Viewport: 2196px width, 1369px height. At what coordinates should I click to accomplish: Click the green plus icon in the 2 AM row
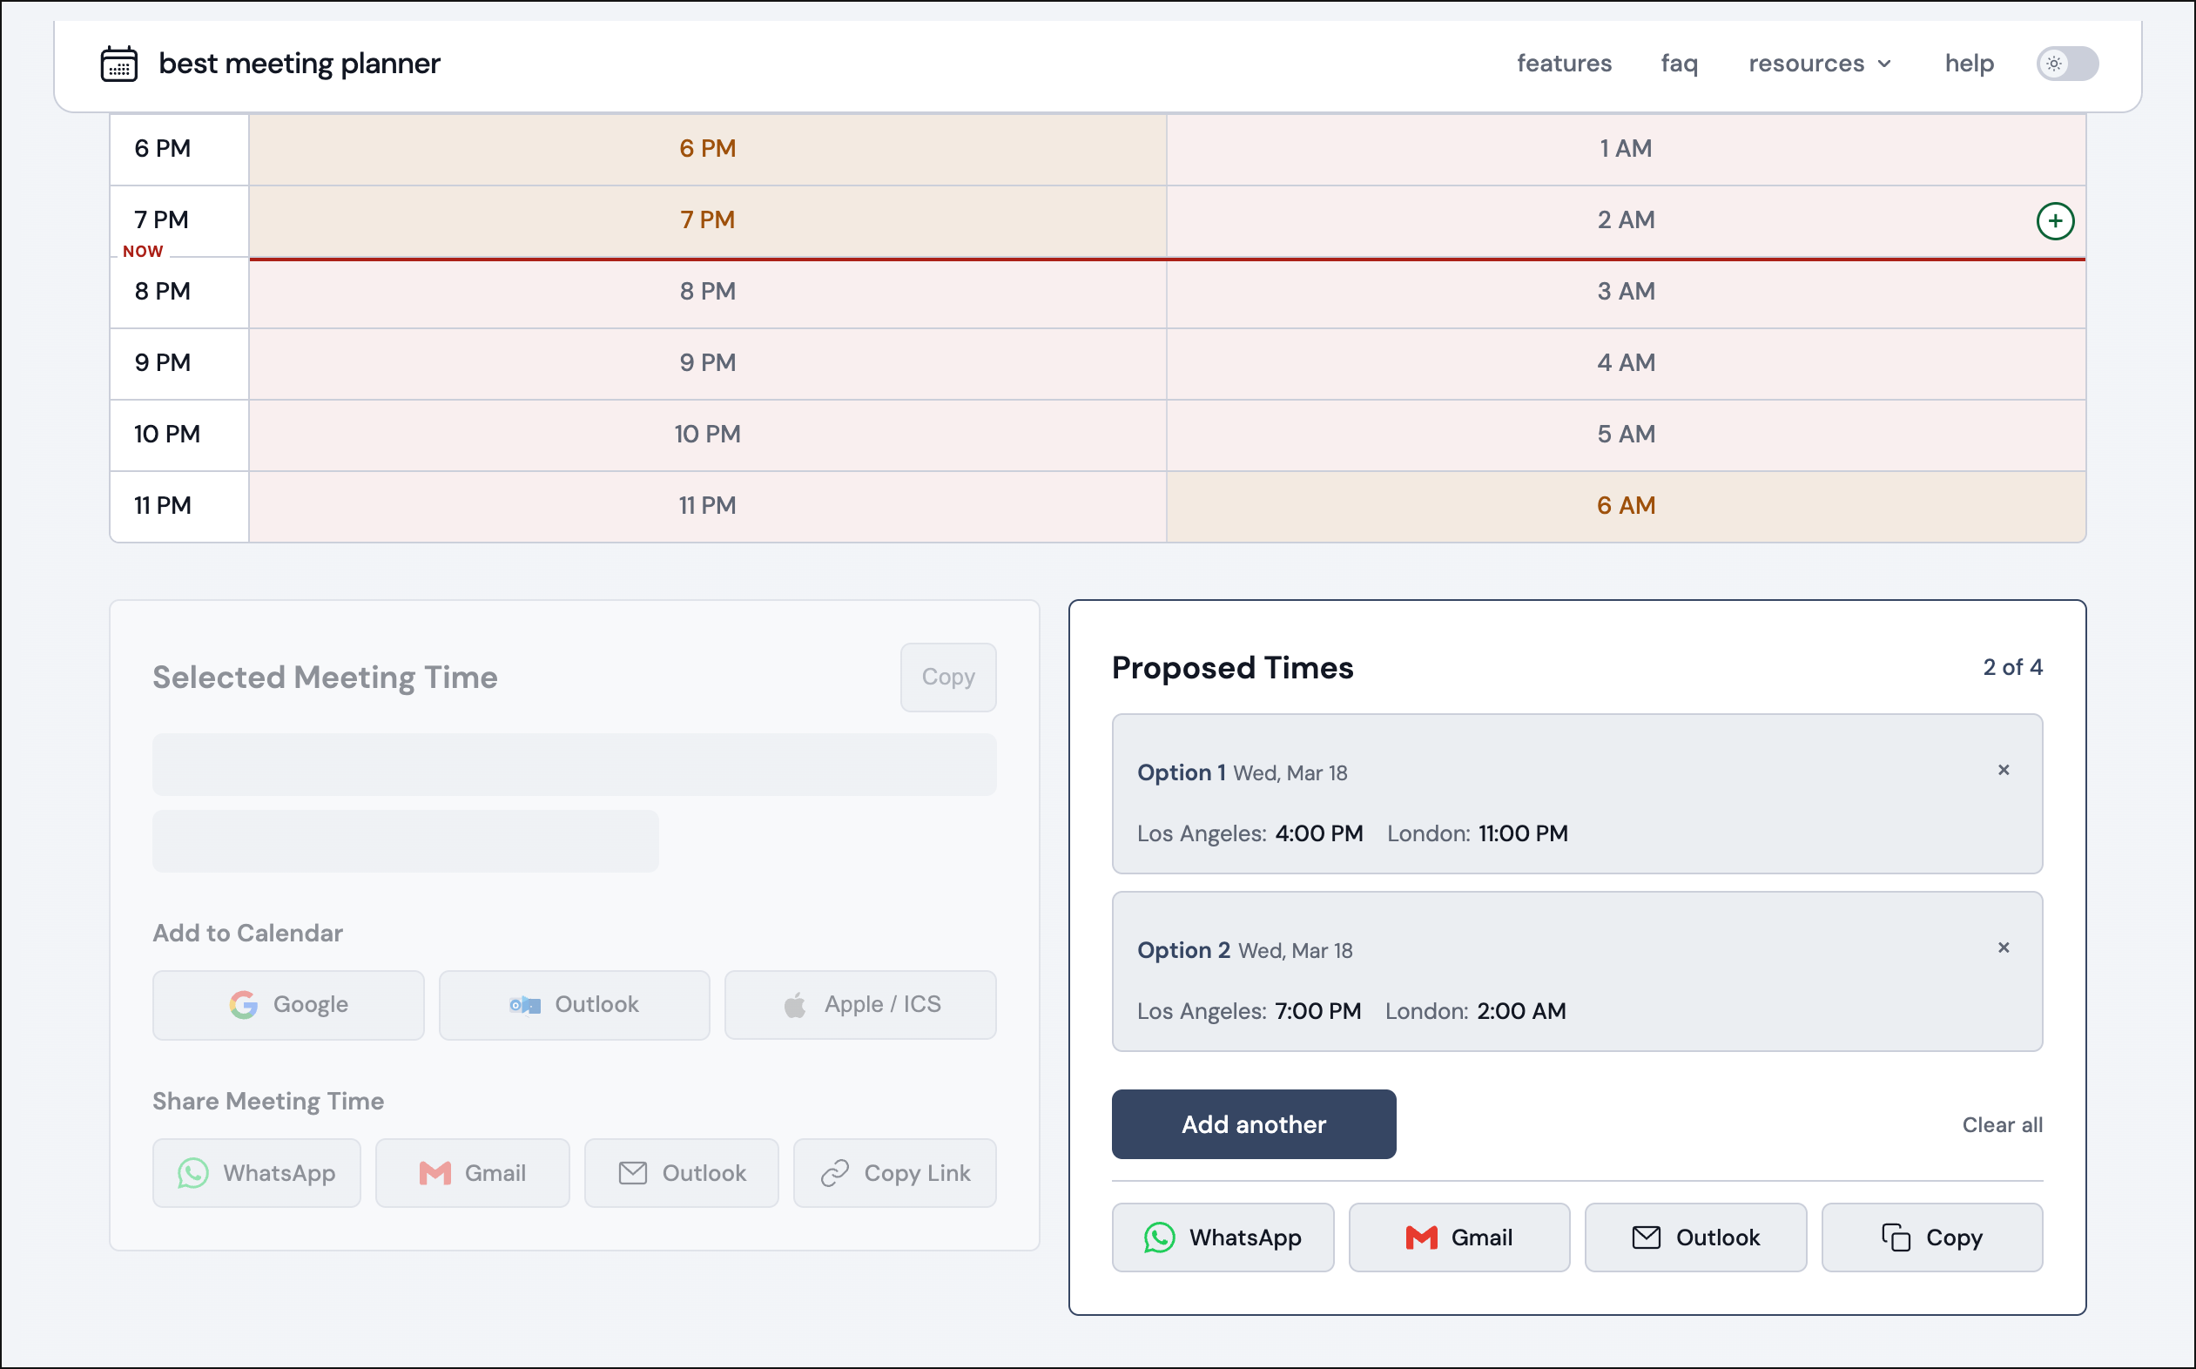click(2055, 221)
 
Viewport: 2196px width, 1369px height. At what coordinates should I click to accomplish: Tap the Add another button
click(1253, 1123)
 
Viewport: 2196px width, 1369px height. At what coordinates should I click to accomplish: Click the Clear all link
click(2001, 1124)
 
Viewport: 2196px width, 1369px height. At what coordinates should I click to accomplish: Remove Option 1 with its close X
click(2004, 770)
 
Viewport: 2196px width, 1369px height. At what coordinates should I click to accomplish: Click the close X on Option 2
click(2004, 948)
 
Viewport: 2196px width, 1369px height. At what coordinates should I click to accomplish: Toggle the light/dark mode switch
click(2066, 64)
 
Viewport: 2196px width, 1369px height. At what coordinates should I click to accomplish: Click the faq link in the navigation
click(1678, 64)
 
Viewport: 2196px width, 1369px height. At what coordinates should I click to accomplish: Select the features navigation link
click(1563, 64)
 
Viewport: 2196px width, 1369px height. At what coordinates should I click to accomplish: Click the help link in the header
click(1969, 64)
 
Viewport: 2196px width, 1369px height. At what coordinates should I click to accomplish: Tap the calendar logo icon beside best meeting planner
click(118, 64)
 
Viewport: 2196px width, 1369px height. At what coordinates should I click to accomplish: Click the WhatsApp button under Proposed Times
click(1222, 1237)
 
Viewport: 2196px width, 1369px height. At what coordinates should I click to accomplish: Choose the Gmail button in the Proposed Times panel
click(1458, 1237)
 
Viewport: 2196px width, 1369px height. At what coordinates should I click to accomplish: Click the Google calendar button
click(288, 1004)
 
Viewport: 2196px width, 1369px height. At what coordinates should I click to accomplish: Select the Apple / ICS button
click(860, 1004)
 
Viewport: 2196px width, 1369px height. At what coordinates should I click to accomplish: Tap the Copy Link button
click(894, 1172)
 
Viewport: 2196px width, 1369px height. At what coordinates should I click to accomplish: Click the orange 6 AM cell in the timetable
click(1626, 505)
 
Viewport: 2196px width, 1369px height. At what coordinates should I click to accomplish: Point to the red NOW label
click(143, 252)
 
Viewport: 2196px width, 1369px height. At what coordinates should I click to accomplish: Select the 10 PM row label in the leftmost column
click(166, 434)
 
